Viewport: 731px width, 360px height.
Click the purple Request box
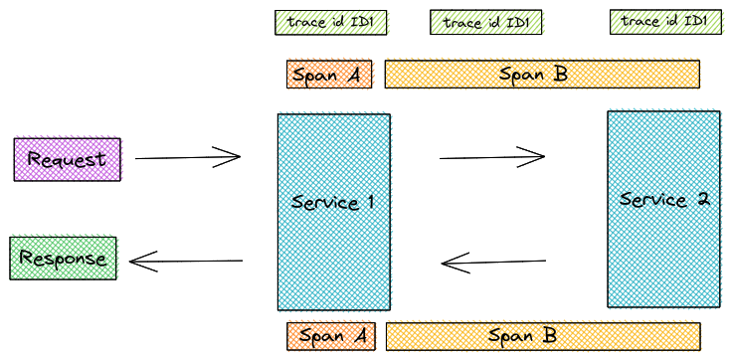pyautogui.click(x=67, y=159)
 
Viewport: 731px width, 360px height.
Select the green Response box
pyautogui.click(x=63, y=259)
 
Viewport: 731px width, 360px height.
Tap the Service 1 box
pyautogui.click(x=333, y=212)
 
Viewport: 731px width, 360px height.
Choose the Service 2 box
pyautogui.click(x=663, y=209)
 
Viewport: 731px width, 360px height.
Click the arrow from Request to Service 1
pyautogui.click(x=187, y=157)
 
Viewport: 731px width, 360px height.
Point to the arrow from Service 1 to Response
pyautogui.click(x=187, y=262)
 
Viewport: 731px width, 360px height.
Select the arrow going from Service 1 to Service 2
pyautogui.click(x=491, y=156)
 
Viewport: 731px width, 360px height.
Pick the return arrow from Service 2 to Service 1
pyautogui.click(x=493, y=264)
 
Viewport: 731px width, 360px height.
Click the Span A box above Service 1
pyautogui.click(x=329, y=75)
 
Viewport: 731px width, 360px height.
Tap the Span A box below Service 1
pyautogui.click(x=330, y=336)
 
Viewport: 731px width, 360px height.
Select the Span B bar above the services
pyautogui.click(x=541, y=75)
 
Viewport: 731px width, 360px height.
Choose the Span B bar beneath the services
pyautogui.click(x=542, y=336)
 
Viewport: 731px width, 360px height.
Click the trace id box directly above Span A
pyautogui.click(x=331, y=22)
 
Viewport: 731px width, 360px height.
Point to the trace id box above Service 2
pyautogui.click(x=664, y=22)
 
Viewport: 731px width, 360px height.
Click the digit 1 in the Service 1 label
pyautogui.click(x=369, y=203)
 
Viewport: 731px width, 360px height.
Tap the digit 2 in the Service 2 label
pyautogui.click(x=702, y=199)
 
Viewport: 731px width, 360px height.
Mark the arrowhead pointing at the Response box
pyautogui.click(x=137, y=262)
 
